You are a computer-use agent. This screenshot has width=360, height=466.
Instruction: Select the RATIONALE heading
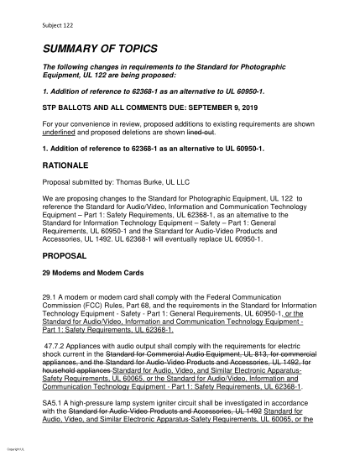point(65,165)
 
